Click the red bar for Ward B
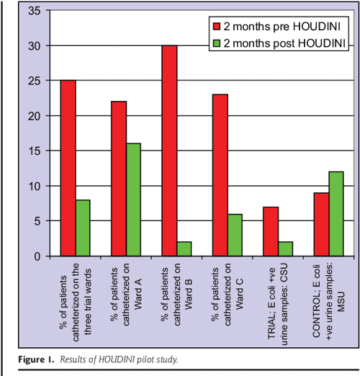169,151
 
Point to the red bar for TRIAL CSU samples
270,231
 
